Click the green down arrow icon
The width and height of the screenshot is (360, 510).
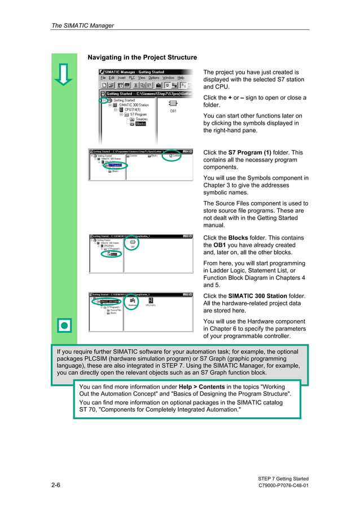(64, 74)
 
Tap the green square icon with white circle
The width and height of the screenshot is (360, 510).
(64, 326)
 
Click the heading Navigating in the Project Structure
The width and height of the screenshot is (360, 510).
(142, 58)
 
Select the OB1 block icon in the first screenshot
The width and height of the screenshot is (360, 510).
(173, 104)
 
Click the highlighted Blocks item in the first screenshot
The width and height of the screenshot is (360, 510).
(140, 124)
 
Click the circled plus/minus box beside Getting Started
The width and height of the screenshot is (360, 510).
(104, 100)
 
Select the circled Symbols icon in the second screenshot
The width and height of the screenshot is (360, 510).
(173, 155)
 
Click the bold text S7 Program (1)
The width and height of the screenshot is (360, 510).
(249, 152)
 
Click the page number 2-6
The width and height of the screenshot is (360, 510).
(56, 485)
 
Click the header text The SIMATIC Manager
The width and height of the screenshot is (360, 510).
(82, 25)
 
